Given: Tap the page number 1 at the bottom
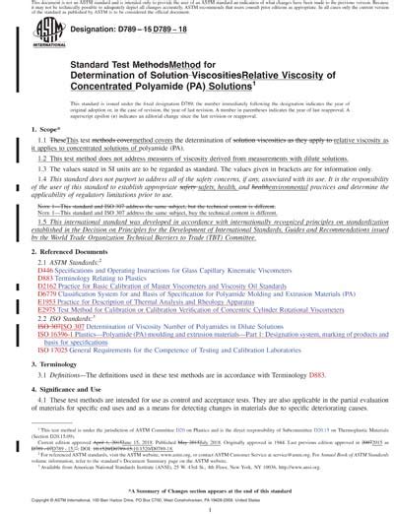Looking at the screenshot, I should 196,508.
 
